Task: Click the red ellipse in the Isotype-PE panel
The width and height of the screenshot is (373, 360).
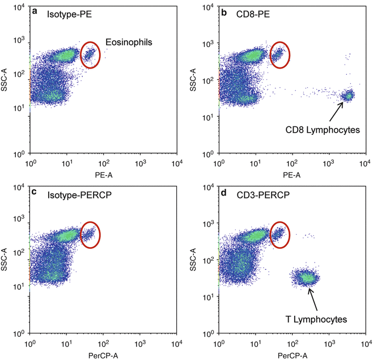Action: [90, 55]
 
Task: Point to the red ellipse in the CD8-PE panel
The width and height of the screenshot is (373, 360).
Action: [278, 55]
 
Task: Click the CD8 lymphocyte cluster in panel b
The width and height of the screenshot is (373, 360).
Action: [346, 96]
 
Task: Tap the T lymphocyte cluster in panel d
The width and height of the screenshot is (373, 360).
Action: [307, 277]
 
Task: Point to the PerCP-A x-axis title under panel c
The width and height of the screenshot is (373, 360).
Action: [103, 354]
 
